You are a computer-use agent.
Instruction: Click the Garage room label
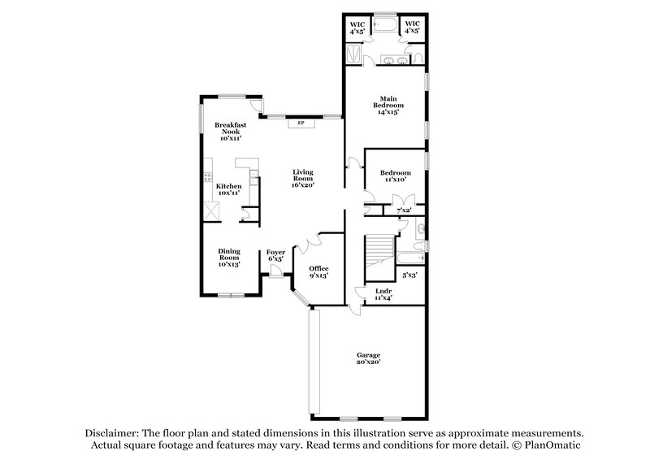[x=368, y=358]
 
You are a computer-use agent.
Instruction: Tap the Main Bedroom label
[x=384, y=106]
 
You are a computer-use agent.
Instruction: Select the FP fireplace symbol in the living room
[x=301, y=123]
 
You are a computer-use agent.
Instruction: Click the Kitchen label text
[x=227, y=189]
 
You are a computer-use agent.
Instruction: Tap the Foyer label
[x=275, y=256]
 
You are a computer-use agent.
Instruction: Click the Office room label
[x=318, y=271]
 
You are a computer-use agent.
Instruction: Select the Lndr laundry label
[x=383, y=294]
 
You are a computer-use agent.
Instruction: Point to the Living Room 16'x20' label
[x=302, y=177]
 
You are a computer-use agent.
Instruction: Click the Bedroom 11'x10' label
[x=396, y=176]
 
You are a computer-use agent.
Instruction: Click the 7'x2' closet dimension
[x=404, y=210]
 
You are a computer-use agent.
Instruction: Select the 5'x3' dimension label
[x=409, y=276]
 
